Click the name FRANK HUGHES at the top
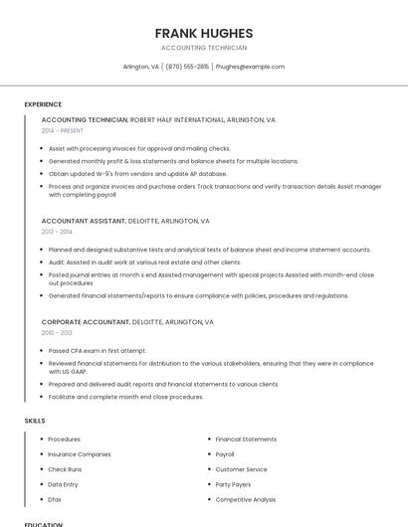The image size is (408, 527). (203, 33)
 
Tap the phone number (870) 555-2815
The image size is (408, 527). (188, 67)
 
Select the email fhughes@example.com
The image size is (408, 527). (250, 67)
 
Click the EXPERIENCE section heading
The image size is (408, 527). (43, 104)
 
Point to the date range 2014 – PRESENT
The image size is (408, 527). (63, 130)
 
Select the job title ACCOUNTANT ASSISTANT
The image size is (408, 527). (84, 221)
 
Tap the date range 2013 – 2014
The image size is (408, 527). (57, 232)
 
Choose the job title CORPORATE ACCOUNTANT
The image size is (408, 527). (86, 322)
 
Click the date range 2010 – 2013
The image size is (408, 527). (57, 333)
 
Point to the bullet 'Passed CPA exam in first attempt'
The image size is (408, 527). (98, 350)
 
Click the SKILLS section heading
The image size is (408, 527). (35, 421)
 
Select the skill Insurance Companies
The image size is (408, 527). (80, 454)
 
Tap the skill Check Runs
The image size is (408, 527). (65, 469)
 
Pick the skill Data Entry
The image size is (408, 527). (63, 484)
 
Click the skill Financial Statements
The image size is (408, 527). (246, 439)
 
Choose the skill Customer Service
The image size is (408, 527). (241, 469)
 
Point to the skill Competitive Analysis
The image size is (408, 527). (246, 499)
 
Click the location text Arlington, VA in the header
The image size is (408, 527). (140, 67)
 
